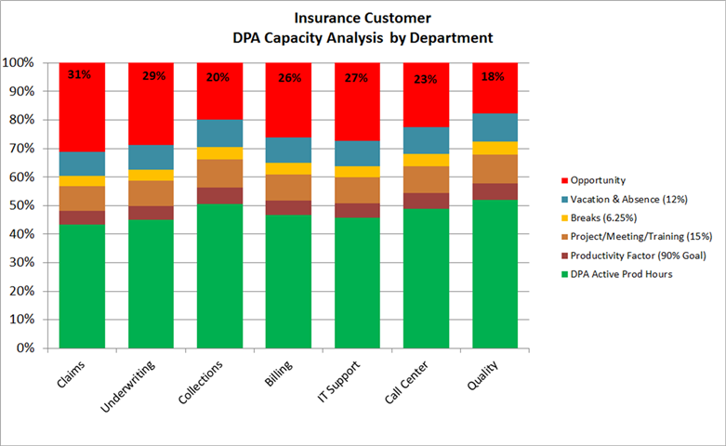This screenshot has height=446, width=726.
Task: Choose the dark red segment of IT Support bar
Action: (357, 210)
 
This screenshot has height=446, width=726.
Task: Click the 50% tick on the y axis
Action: (20, 205)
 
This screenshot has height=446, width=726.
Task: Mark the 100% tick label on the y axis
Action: (18, 63)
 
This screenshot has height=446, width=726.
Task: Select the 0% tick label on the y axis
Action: (22, 348)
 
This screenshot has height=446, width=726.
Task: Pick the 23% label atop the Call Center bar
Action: (426, 80)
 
